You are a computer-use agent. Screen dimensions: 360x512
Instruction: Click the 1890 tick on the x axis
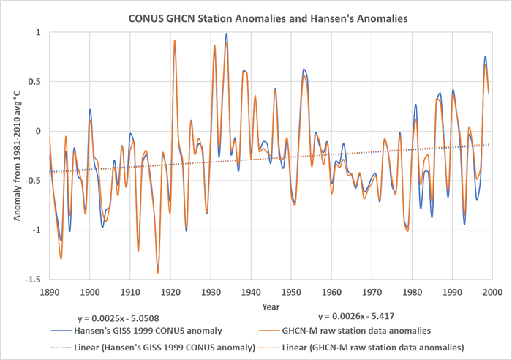point(50,290)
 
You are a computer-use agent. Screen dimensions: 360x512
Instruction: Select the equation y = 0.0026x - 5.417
point(355,317)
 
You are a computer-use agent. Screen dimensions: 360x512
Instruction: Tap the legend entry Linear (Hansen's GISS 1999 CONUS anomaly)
point(167,345)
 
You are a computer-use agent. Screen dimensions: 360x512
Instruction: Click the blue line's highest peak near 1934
point(227,34)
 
